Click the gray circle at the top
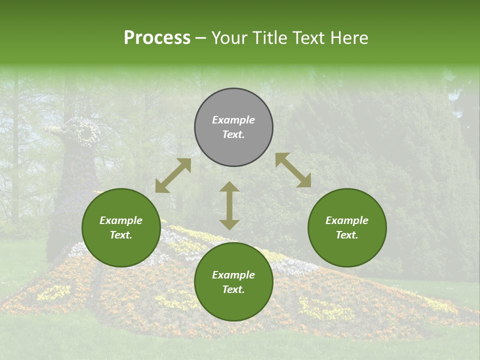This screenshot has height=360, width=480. click(x=233, y=127)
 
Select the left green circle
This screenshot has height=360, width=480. click(x=121, y=228)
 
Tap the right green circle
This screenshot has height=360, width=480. click(x=347, y=228)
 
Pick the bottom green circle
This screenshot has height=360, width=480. click(x=233, y=281)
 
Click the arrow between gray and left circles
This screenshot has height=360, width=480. click(x=173, y=175)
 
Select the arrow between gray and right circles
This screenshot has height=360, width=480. click(x=293, y=170)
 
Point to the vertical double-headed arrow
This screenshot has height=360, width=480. click(x=229, y=205)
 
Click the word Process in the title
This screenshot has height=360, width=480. click(x=157, y=37)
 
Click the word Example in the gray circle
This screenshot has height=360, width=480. click(x=233, y=120)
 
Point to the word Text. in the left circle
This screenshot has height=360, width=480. click(x=121, y=235)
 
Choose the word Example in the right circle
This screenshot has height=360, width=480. click(x=347, y=220)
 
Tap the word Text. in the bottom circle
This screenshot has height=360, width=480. click(x=233, y=289)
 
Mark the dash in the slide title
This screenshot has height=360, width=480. click(x=200, y=39)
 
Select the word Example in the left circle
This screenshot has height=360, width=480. click(x=121, y=220)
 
